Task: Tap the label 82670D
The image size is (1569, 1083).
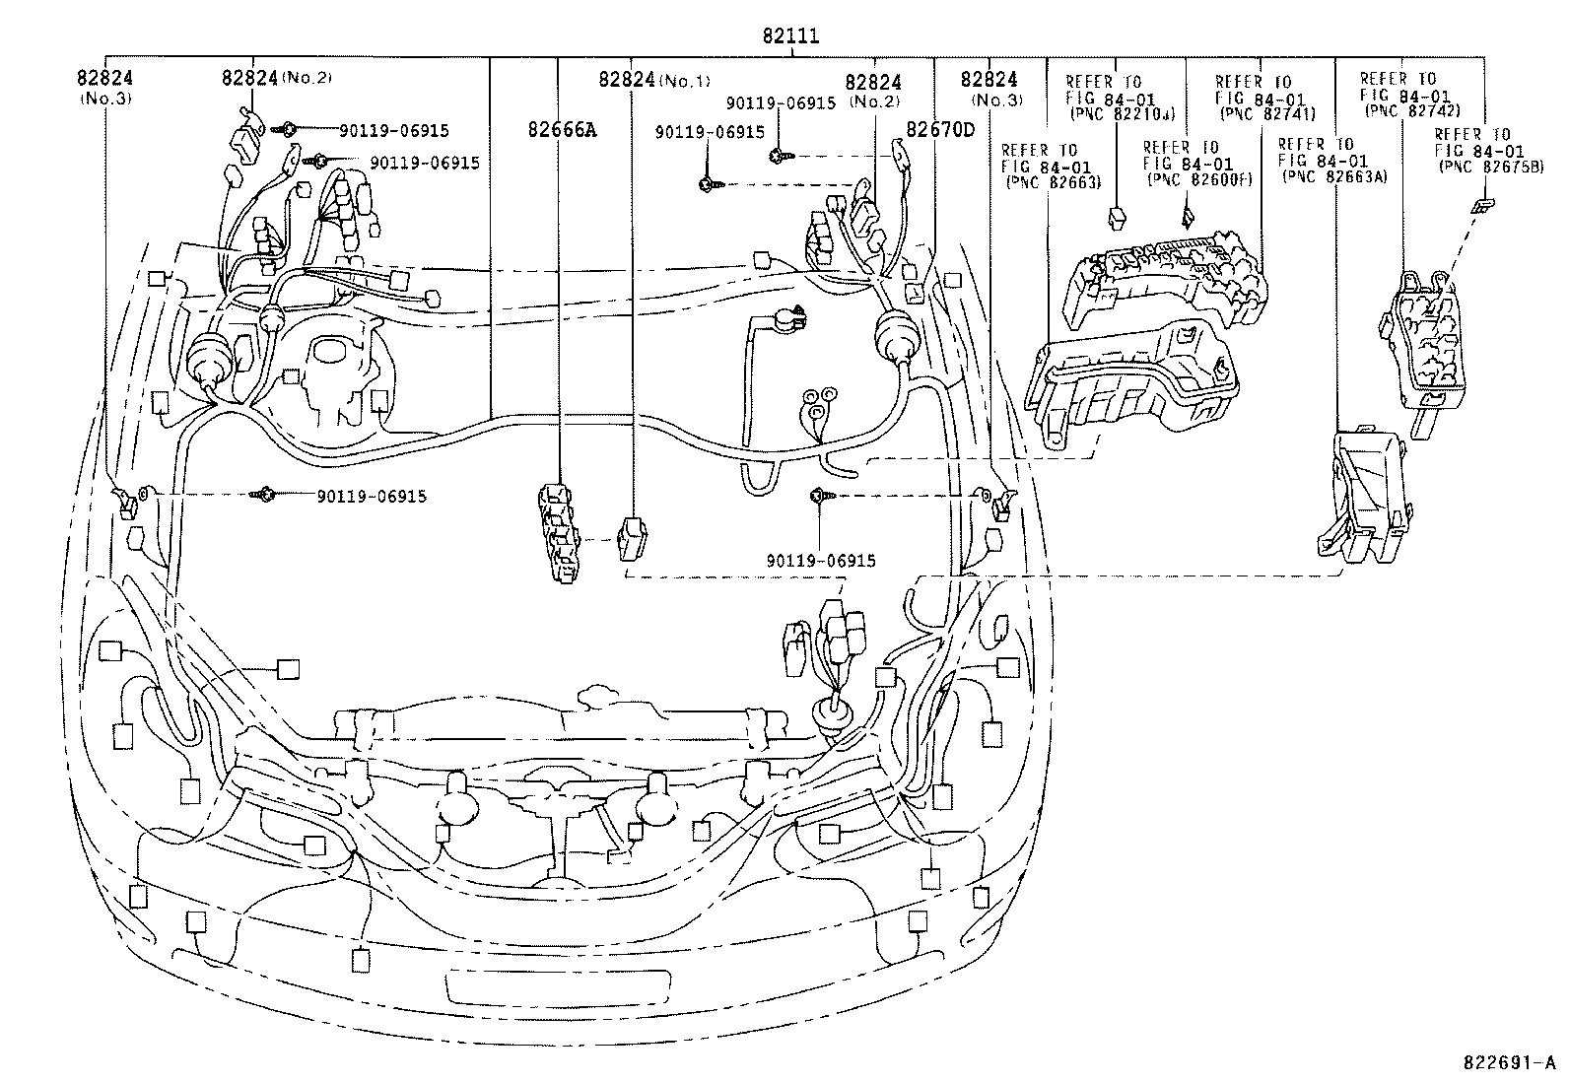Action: [940, 129]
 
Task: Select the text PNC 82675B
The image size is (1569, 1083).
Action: [1482, 167]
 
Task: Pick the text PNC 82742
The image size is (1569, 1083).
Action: [1411, 110]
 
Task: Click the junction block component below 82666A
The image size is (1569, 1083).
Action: [559, 533]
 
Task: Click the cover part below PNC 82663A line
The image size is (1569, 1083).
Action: [1365, 493]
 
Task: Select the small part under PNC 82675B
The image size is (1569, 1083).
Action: [1481, 205]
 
